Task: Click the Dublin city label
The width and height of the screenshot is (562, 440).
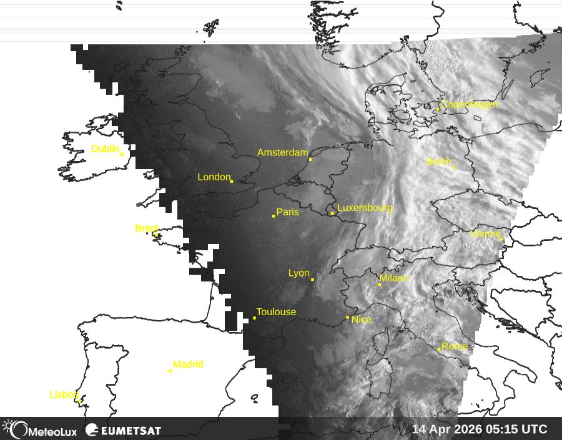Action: pos(105,149)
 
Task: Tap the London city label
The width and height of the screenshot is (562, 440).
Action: pos(214,177)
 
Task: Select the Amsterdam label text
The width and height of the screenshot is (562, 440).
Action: pos(283,153)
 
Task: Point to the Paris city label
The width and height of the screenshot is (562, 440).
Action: pos(287,212)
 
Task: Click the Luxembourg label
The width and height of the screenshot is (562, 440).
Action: pos(365,208)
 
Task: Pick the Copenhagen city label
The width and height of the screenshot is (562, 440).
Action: pos(470,105)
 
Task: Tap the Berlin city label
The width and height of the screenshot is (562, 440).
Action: pos(438,162)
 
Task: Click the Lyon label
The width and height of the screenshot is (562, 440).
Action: pos(299,273)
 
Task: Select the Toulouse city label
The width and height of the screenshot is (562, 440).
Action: pos(276,312)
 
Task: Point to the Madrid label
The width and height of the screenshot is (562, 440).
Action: pos(188,364)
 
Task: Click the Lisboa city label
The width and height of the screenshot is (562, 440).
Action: pos(64,394)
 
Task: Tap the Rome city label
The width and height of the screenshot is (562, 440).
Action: pos(455,346)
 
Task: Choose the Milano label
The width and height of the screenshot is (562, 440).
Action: pos(394,278)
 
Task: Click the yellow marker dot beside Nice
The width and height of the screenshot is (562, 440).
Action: pos(348,317)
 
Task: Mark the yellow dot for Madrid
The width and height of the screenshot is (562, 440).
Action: pos(170,371)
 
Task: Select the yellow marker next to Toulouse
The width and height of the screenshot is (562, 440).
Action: pos(254,318)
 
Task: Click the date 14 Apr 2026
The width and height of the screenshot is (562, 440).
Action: pos(444,429)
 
